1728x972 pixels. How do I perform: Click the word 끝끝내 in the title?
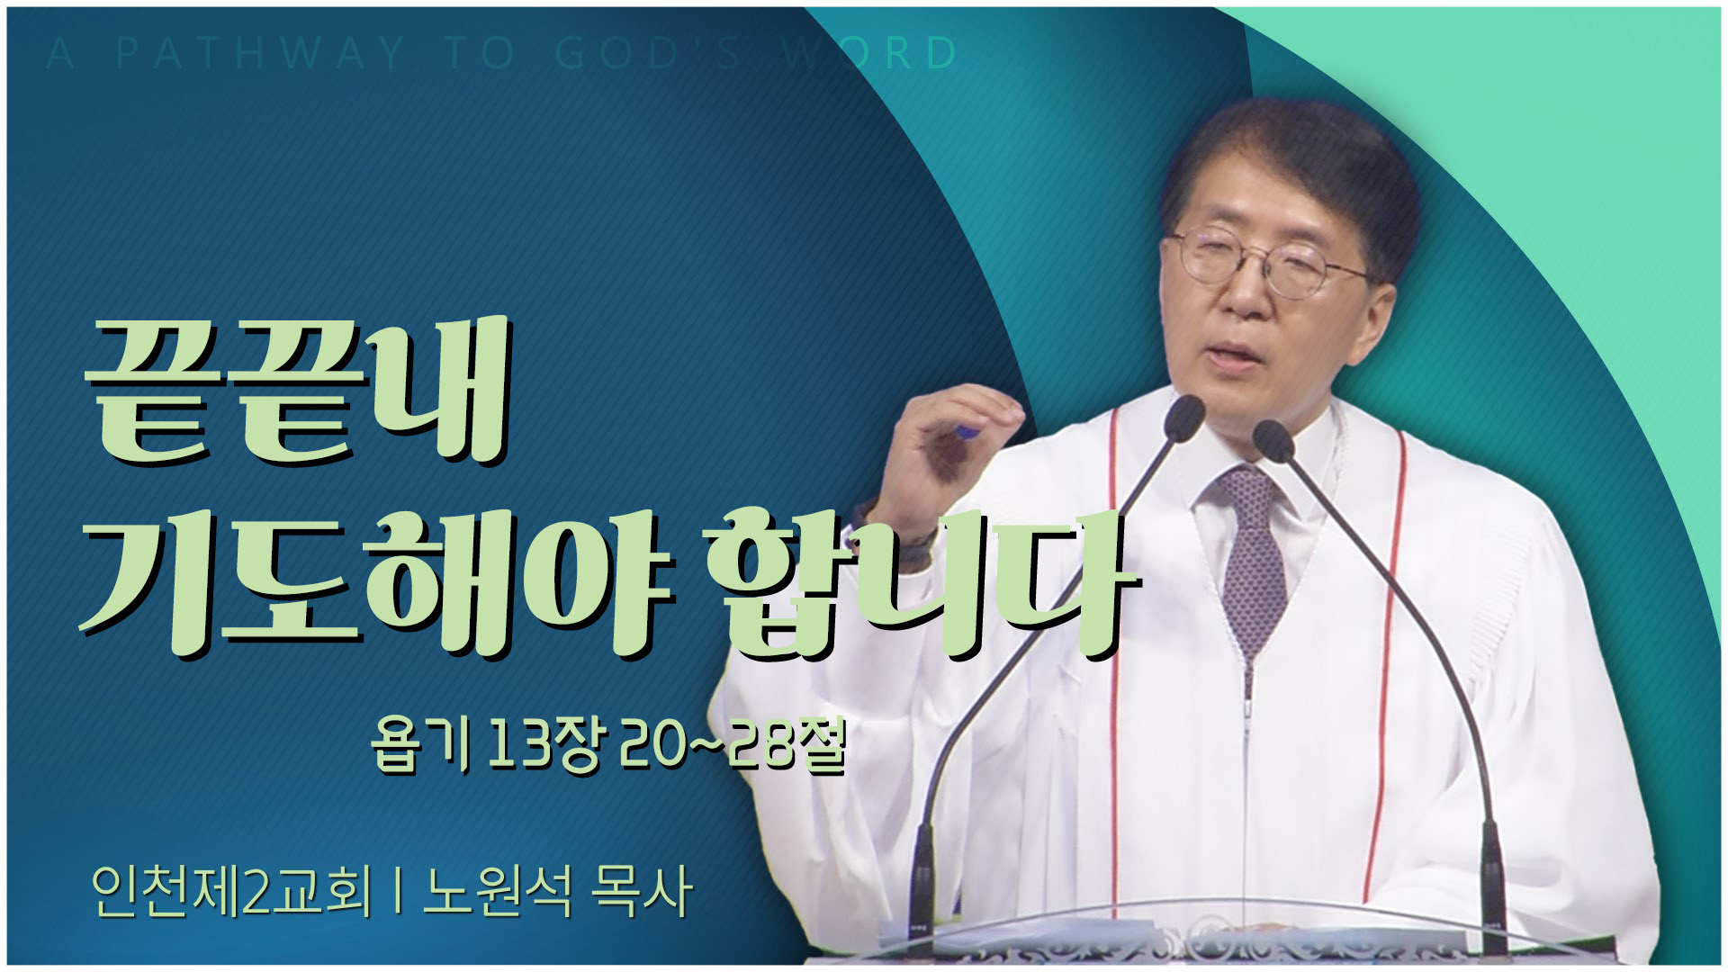297,396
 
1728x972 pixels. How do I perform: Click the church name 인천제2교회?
231,892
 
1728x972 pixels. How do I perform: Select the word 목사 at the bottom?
641,892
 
